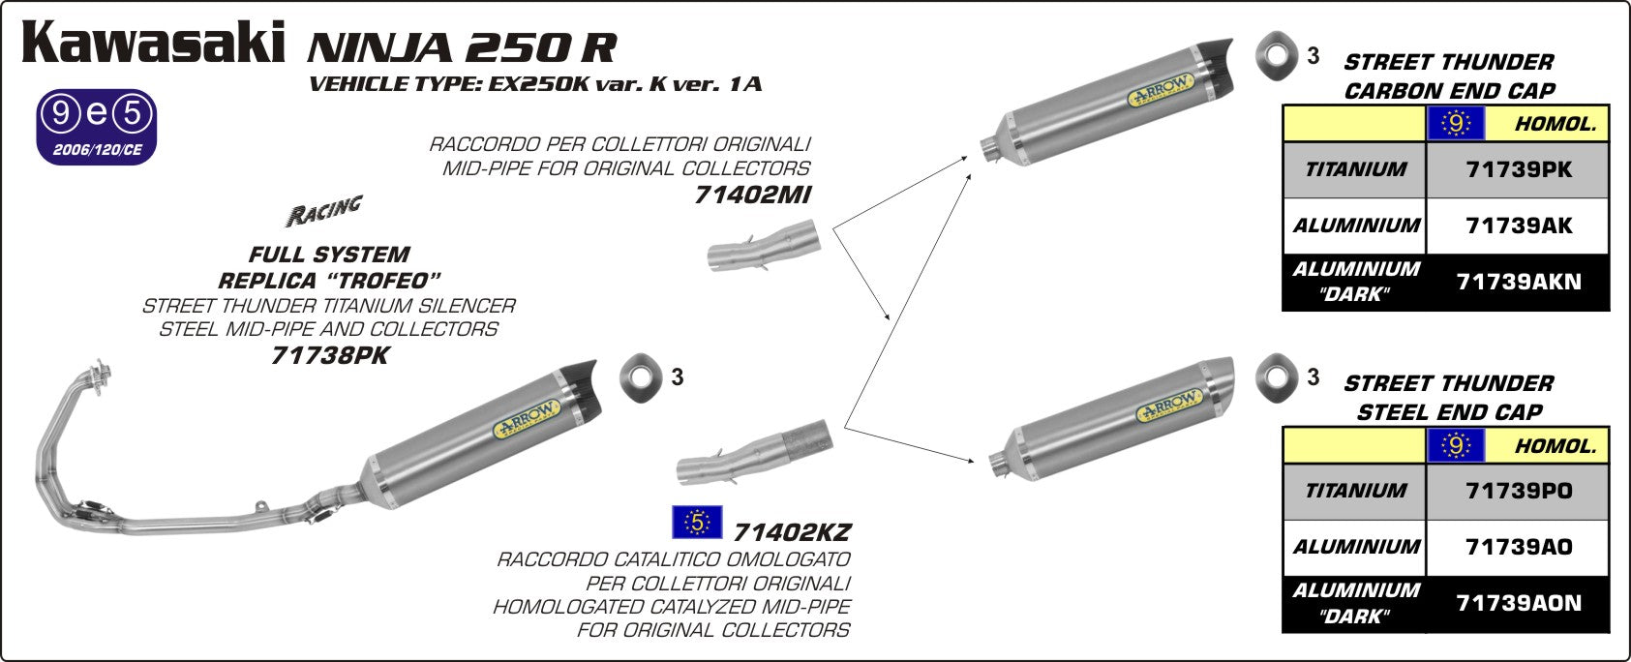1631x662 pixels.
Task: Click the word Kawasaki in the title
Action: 153,44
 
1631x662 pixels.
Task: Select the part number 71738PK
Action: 329,356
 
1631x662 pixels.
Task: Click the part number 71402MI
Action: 752,196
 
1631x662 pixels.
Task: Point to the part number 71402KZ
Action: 792,532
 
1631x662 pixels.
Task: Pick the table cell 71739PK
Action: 1518,170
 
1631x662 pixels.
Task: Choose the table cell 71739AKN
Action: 1518,283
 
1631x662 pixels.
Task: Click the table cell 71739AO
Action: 1518,548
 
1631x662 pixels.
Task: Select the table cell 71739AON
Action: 1518,604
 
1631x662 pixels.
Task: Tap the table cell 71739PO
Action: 1518,492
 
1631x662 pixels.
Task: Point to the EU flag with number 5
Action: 697,523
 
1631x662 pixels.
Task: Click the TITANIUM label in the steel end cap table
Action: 1354,492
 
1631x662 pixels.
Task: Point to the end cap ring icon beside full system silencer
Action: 636,376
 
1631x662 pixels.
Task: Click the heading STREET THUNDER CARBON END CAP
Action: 1448,76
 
